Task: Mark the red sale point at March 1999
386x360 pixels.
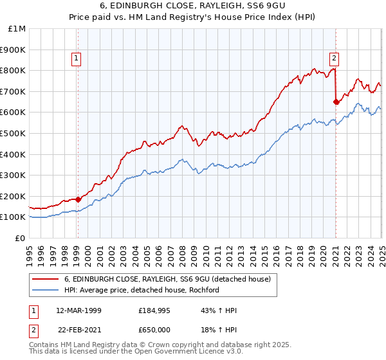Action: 78,199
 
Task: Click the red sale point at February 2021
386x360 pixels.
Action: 336,102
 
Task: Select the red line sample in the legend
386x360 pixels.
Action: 46,279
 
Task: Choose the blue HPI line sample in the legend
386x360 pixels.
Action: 46,289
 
